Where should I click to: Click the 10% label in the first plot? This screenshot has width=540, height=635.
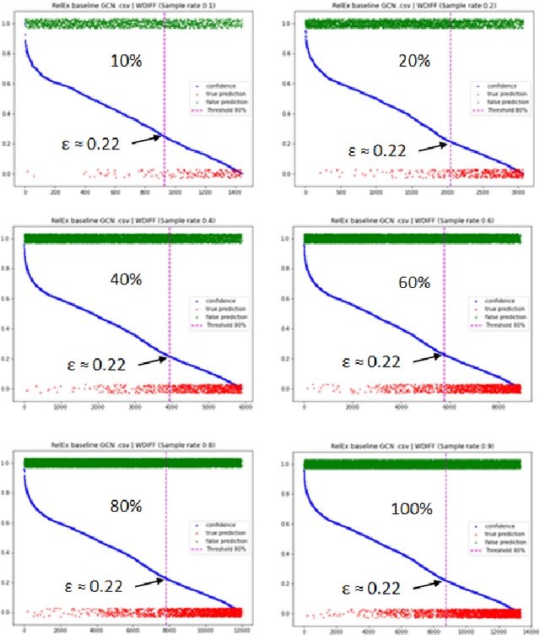click(126, 61)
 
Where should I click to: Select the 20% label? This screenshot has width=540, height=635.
click(411, 61)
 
